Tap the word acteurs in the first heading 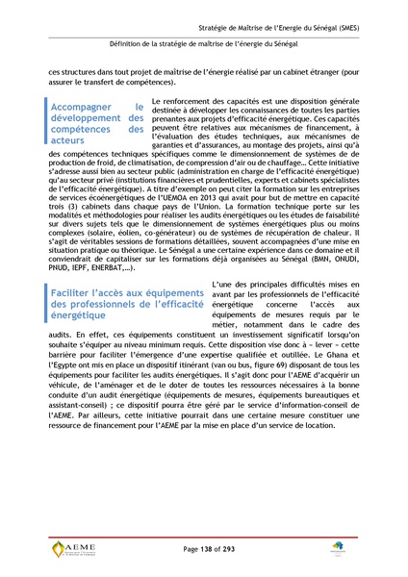(73, 140)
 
